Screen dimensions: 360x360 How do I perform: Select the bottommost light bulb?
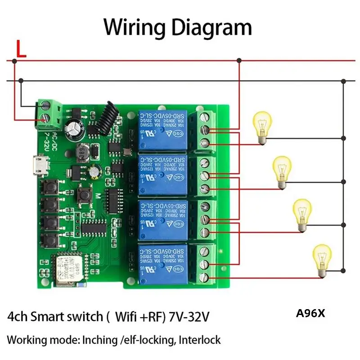click(x=322, y=258)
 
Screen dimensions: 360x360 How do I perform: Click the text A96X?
click(x=310, y=313)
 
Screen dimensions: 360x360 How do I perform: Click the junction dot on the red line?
click(x=239, y=60)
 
